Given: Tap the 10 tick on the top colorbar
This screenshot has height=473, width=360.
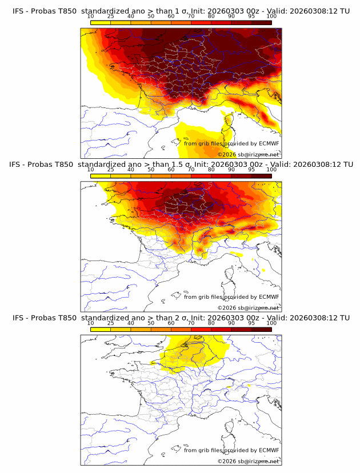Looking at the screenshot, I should (91, 17).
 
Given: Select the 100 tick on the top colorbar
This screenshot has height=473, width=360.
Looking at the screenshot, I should (271, 17).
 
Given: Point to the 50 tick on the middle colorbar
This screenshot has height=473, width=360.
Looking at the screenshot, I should (151, 170).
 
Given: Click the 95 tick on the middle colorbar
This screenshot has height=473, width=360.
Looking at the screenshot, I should (251, 170).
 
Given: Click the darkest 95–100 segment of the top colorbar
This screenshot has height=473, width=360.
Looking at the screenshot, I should (261, 22).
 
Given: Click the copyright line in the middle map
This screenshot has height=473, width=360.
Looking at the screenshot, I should (249, 307).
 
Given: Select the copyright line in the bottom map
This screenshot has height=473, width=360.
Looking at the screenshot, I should (249, 461).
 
